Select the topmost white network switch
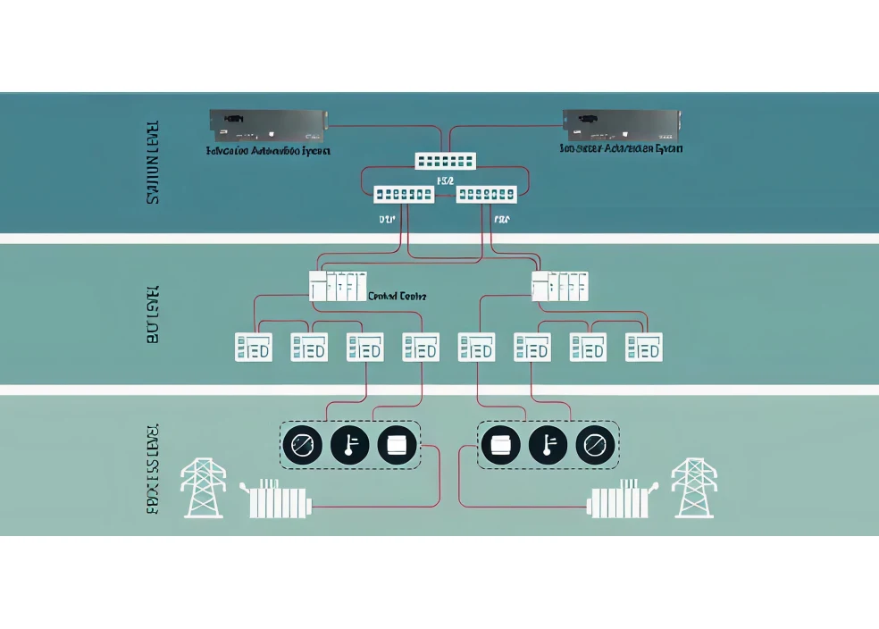pyautogui.click(x=446, y=161)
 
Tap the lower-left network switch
pyautogui.click(x=404, y=194)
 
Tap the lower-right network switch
pyautogui.click(x=486, y=194)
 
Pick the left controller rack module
pyautogui.click(x=337, y=286)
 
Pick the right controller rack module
pyautogui.click(x=560, y=286)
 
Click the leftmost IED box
pyautogui.click(x=253, y=347)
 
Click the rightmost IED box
pyautogui.click(x=643, y=347)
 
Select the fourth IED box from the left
pyautogui.click(x=420, y=347)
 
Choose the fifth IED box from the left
pyautogui.click(x=476, y=347)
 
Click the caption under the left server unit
pyautogui.click(x=268, y=151)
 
